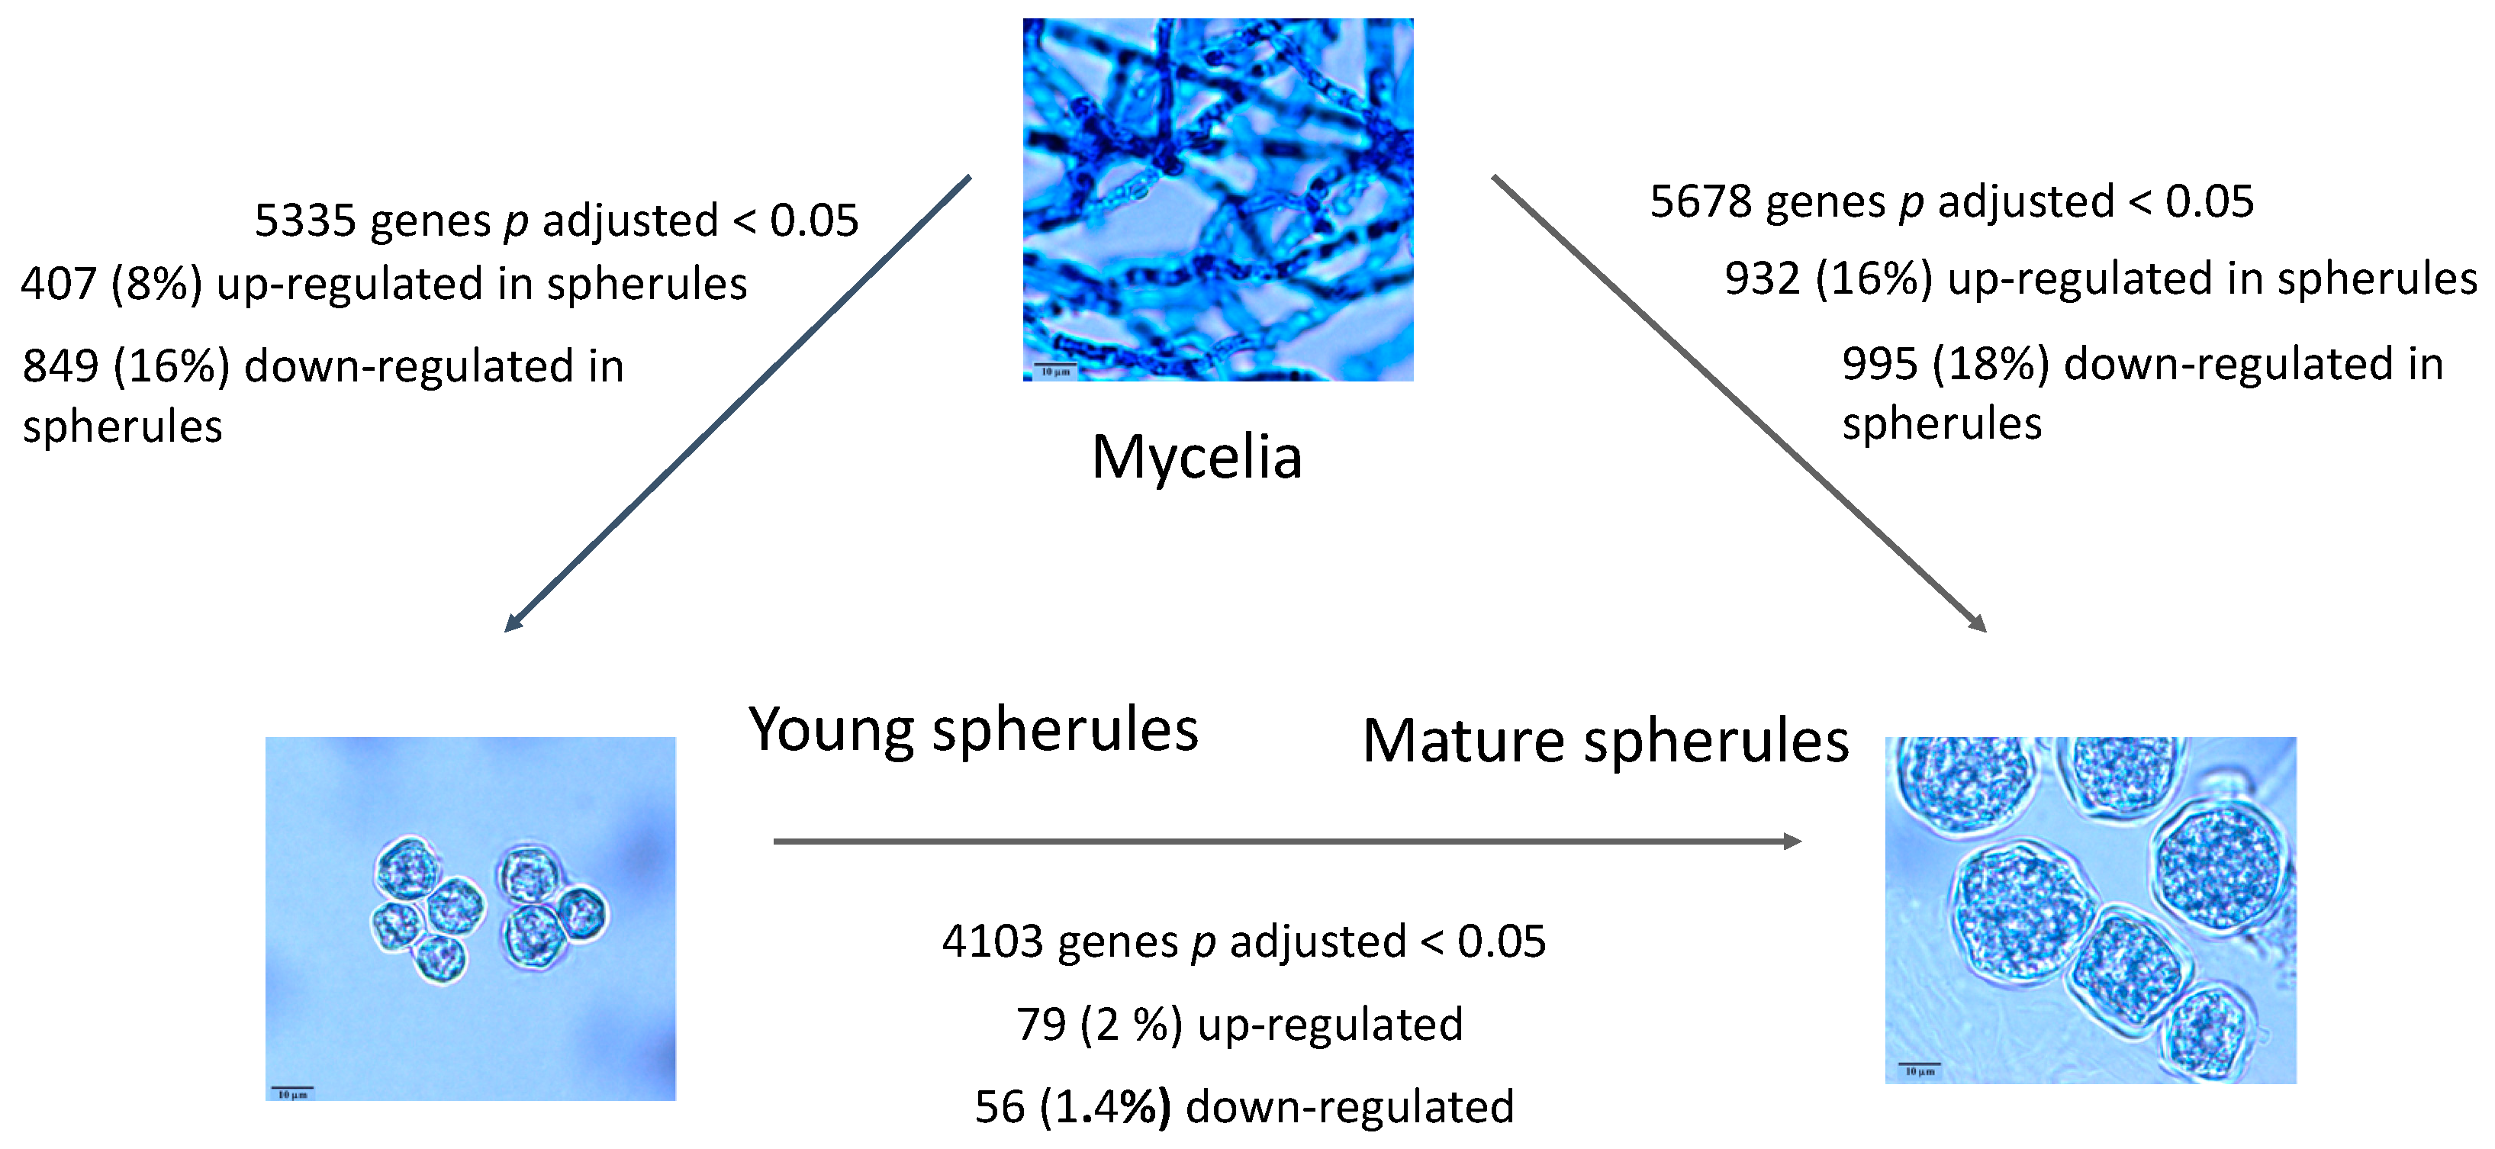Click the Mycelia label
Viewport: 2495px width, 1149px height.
(x=1196, y=457)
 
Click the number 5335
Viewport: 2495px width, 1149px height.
(x=305, y=221)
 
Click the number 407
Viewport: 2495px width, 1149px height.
(x=58, y=285)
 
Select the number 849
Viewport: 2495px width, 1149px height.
(x=60, y=367)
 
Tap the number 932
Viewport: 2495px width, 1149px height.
(x=1762, y=279)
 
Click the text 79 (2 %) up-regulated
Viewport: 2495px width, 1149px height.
(x=1239, y=1025)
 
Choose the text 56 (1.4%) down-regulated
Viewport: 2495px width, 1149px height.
(x=1244, y=1107)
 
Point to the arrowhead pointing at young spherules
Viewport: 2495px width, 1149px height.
(x=513, y=623)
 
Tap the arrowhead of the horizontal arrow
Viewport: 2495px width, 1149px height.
(x=1792, y=841)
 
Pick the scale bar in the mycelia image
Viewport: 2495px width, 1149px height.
(x=1054, y=366)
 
